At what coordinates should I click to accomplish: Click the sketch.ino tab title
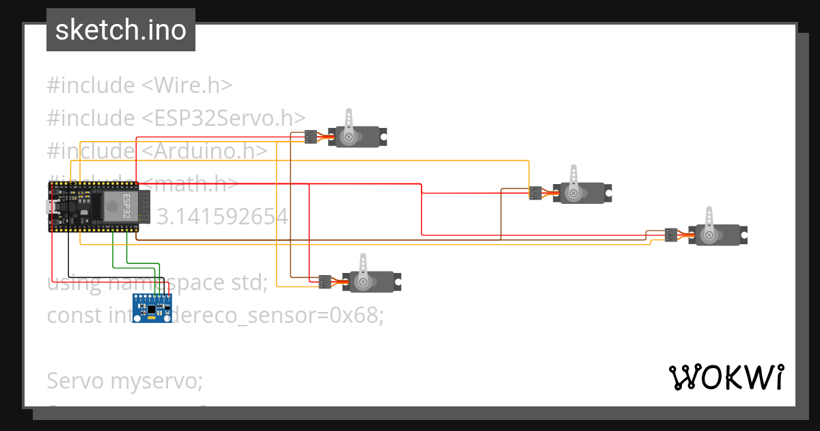pos(120,30)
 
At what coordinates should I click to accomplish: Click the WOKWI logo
pos(726,377)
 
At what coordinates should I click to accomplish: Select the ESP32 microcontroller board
pos(94,207)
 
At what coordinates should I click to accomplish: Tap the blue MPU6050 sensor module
pos(152,309)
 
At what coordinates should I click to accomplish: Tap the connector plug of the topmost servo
pos(310,137)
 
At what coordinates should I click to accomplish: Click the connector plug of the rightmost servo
pos(671,235)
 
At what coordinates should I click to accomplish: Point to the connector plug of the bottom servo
pos(325,281)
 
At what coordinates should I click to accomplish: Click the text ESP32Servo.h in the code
pos(223,118)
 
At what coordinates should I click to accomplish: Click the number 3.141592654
pos(222,217)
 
